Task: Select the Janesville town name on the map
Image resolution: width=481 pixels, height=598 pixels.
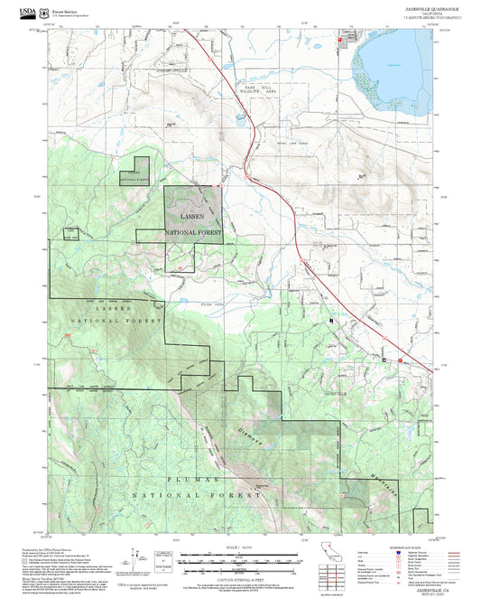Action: (x=334, y=394)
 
